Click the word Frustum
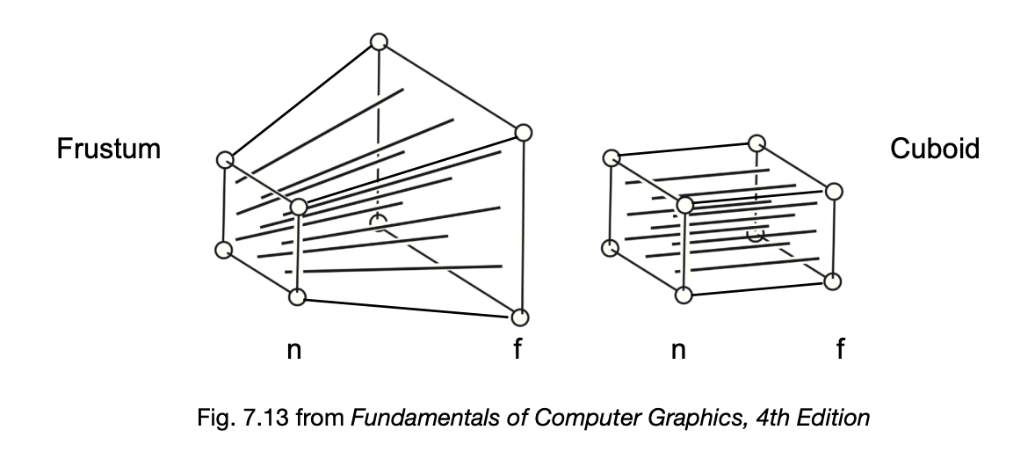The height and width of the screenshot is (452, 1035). (108, 149)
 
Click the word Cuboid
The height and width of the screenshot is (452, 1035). (935, 148)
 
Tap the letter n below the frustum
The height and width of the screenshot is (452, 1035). (294, 351)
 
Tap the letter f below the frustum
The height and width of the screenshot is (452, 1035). (518, 348)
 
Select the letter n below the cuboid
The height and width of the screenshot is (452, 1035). (678, 351)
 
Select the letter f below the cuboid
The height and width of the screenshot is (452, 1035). (840, 348)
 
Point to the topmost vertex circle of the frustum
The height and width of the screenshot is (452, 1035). (379, 41)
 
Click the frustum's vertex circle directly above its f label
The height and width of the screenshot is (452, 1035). (520, 317)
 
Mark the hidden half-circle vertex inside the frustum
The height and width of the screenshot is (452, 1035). (378, 221)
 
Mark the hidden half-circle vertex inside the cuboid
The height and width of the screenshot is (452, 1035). (756, 235)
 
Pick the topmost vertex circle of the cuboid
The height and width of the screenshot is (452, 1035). (757, 142)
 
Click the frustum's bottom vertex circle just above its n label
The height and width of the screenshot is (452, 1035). (298, 296)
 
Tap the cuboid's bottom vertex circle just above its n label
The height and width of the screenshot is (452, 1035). (684, 295)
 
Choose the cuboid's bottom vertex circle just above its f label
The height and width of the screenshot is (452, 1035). (833, 281)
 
